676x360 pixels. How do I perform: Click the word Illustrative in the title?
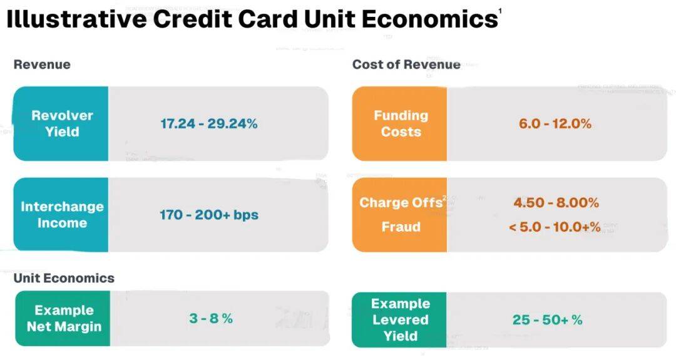point(76,19)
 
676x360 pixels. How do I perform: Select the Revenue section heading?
point(42,64)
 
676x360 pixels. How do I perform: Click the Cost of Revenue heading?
point(406,64)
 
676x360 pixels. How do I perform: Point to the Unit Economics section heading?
point(64,278)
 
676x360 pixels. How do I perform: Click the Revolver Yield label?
point(62,124)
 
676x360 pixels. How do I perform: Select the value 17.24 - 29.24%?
point(209,124)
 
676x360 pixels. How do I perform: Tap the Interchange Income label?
point(62,215)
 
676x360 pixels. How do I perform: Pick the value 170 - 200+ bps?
point(209,215)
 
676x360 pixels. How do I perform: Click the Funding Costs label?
point(401,124)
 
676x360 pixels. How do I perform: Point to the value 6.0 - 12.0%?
point(555,124)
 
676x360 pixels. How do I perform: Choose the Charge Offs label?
point(401,203)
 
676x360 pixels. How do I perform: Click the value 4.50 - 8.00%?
point(556,203)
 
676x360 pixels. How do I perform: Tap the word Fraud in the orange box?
point(401,227)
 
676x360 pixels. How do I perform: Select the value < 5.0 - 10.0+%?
point(555,227)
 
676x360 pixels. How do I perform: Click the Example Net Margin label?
point(64,319)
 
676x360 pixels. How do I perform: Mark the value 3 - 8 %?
point(211,319)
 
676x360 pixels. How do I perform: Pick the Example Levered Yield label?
point(401,320)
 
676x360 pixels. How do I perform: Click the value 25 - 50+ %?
point(548,320)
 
